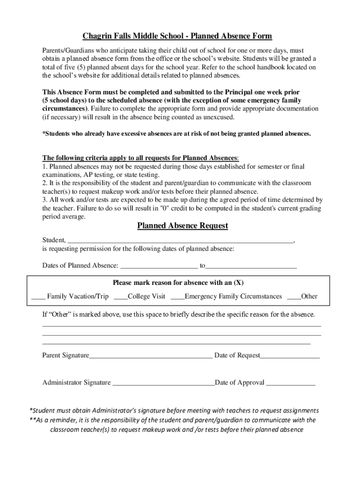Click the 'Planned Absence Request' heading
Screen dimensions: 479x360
(x=182, y=226)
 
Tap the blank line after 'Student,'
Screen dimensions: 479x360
(x=180, y=240)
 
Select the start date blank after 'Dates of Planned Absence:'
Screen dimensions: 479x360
(x=159, y=266)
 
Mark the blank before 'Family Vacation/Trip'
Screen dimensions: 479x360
(x=38, y=297)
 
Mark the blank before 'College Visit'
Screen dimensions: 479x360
(x=121, y=297)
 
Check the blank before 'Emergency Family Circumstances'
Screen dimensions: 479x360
(x=177, y=297)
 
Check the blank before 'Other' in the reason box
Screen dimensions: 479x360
(x=294, y=297)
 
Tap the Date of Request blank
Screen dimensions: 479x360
(x=290, y=356)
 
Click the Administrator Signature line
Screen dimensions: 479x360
(x=164, y=383)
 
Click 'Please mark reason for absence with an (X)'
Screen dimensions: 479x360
(x=178, y=283)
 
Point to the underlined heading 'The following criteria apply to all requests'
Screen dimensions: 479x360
(x=140, y=157)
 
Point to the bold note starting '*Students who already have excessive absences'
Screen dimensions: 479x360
(x=176, y=134)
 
